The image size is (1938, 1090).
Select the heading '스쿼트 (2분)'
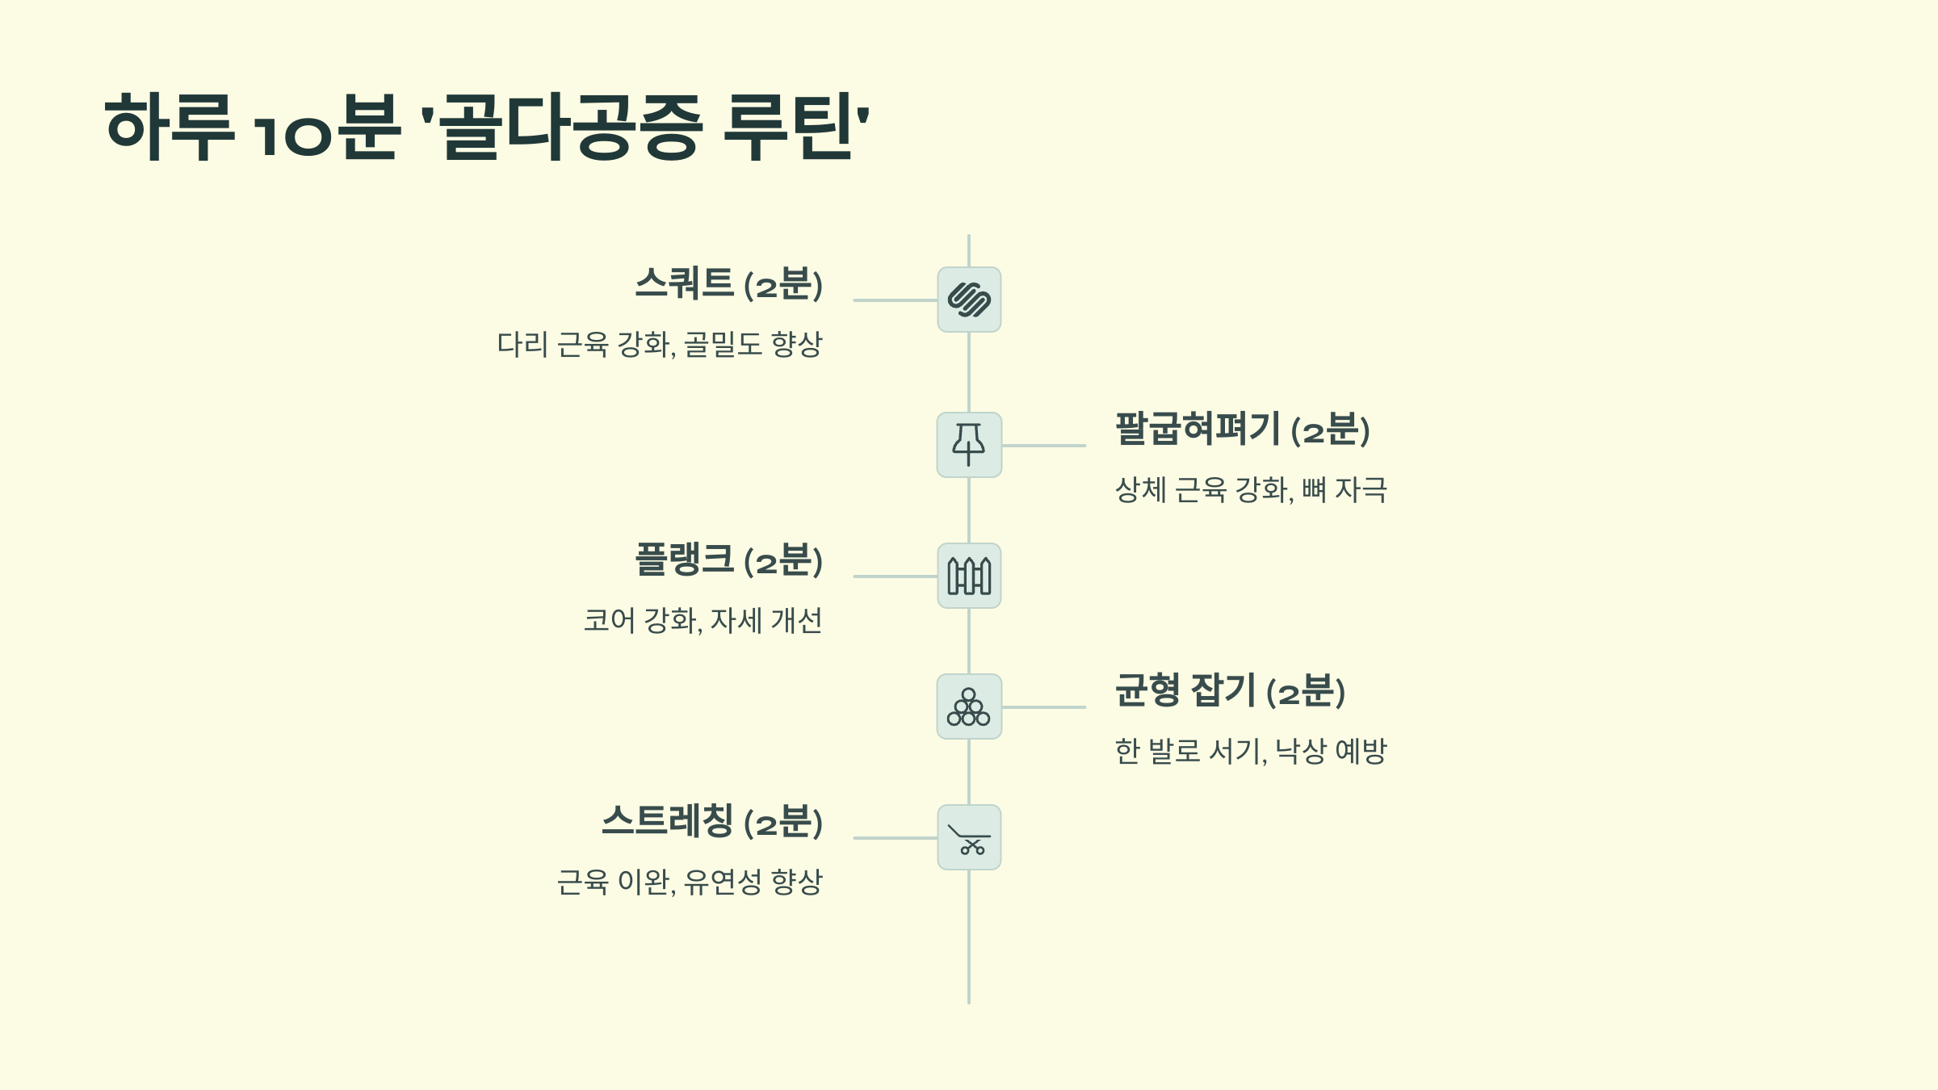pyautogui.click(x=728, y=284)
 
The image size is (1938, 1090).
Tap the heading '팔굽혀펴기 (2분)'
pyautogui.click(x=1242, y=430)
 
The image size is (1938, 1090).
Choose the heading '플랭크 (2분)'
pyautogui.click(x=728, y=560)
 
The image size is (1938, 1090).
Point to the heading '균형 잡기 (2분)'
pyautogui.click(x=1230, y=691)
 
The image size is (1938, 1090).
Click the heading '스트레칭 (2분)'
pyautogui.click(x=711, y=822)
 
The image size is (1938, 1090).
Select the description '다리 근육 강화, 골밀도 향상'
pyautogui.click(x=659, y=345)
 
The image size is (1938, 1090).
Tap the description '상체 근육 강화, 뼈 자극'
pyautogui.click(x=1251, y=490)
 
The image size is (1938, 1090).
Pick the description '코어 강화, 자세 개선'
pyautogui.click(x=703, y=621)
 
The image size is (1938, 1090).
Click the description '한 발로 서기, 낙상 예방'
pyautogui.click(x=1251, y=752)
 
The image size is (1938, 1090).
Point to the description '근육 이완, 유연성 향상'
pyautogui.click(x=689, y=882)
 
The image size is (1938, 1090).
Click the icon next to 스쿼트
pyautogui.click(x=969, y=300)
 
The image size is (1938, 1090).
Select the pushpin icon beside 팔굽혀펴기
pyautogui.click(x=969, y=445)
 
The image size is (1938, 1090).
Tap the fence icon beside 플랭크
pyautogui.click(x=969, y=576)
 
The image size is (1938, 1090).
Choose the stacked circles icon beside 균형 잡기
pyautogui.click(x=969, y=706)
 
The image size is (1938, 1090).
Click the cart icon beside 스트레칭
pyautogui.click(x=969, y=837)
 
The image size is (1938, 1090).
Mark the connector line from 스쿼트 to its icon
pyautogui.click(x=895, y=300)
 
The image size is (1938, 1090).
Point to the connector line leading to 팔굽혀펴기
pyautogui.click(x=1043, y=446)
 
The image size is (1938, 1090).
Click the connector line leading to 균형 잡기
pyautogui.click(x=1043, y=707)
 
